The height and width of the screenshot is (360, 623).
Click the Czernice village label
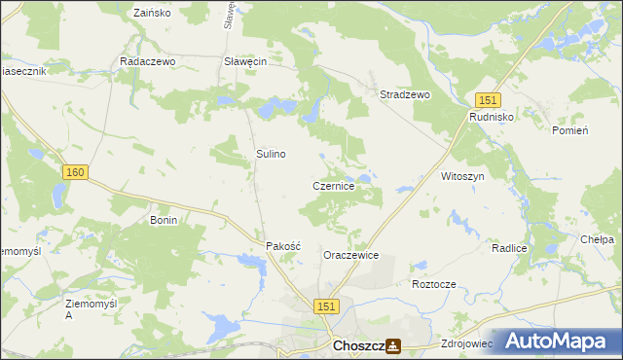click(340, 185)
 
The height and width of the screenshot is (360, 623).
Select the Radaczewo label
click(146, 60)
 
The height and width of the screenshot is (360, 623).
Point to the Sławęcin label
click(245, 60)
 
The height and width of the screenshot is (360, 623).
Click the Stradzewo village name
click(404, 94)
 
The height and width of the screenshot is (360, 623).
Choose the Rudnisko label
click(492, 117)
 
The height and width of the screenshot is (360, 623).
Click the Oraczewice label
click(350, 255)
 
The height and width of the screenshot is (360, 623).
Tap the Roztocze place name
click(434, 284)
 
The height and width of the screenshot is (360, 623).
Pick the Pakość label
click(284, 247)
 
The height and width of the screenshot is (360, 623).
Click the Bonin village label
click(164, 221)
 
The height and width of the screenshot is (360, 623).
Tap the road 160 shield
click(76, 172)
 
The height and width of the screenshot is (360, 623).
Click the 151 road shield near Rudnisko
click(488, 100)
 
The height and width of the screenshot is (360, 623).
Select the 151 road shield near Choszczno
click(327, 306)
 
